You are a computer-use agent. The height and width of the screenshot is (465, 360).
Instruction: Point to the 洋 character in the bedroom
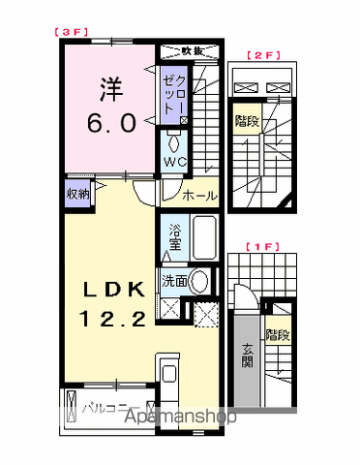coord(106,90)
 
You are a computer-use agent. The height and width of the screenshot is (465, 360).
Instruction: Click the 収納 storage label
coord(78,194)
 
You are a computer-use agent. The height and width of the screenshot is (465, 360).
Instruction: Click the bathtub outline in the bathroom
coord(204,237)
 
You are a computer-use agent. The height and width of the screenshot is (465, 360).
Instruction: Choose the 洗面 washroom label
coord(174,282)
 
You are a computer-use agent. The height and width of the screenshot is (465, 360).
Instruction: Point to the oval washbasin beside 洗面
coord(200,282)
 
